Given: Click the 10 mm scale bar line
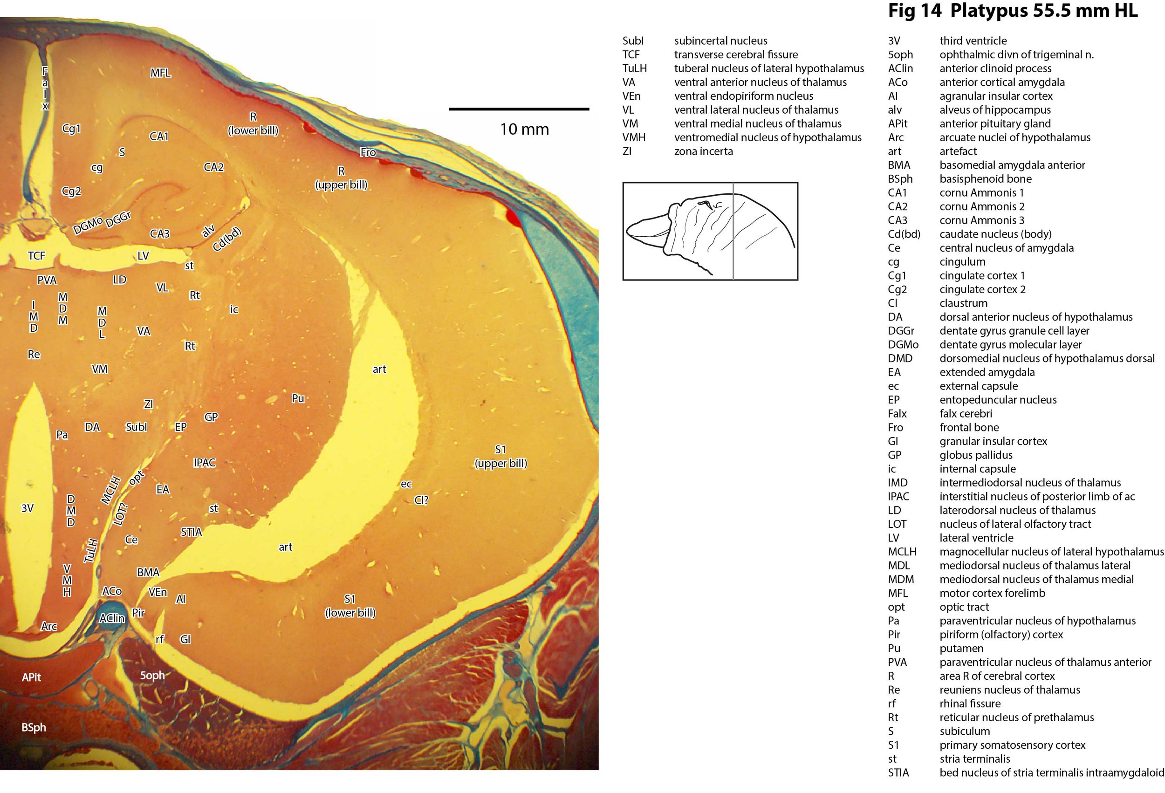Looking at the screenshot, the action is click(x=519, y=109).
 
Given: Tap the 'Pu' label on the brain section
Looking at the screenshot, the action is click(x=298, y=398).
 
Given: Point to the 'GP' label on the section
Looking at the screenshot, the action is click(x=211, y=417).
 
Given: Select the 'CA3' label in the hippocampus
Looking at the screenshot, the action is click(x=160, y=233).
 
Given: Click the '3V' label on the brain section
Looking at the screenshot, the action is click(x=27, y=508).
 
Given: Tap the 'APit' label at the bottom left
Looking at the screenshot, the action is click(x=32, y=677).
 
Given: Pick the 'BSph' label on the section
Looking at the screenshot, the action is click(x=34, y=727).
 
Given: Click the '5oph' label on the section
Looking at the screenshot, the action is click(x=152, y=675).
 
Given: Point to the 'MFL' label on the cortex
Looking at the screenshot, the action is click(x=160, y=73).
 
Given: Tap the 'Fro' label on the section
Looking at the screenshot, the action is click(x=368, y=152).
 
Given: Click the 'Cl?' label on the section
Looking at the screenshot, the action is click(x=421, y=500).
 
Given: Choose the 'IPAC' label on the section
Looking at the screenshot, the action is click(x=205, y=462).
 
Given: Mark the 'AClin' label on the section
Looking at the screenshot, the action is click(x=112, y=619).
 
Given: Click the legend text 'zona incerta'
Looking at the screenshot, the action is click(x=703, y=151).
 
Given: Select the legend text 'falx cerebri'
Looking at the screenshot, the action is click(x=966, y=414).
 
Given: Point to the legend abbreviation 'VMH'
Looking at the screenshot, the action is click(x=634, y=137).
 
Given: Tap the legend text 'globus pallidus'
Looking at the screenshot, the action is click(x=976, y=455).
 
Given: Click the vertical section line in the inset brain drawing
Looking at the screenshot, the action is click(x=733, y=231).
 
